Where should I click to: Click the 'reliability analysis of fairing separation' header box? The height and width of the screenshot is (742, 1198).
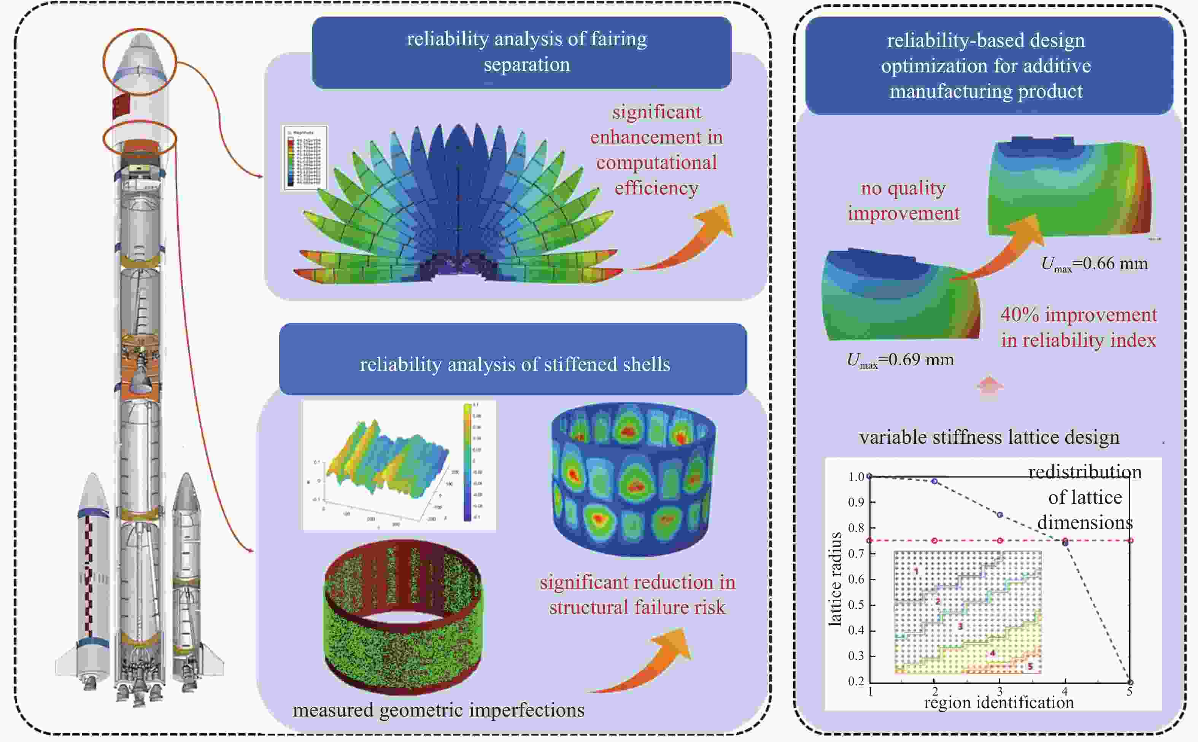[x=522, y=52]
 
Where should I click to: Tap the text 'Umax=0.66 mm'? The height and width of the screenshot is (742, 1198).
[x=1094, y=264]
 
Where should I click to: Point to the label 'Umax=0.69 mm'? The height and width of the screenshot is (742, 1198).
[x=900, y=360]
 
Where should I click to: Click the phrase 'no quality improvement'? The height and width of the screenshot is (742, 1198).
[x=903, y=200]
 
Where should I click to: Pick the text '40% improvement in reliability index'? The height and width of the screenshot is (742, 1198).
[x=1078, y=327]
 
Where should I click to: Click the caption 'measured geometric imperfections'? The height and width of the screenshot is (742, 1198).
[x=439, y=710]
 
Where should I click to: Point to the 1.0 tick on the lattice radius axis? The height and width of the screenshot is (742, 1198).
[x=856, y=476]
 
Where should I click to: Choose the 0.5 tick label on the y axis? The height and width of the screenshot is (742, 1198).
[x=856, y=605]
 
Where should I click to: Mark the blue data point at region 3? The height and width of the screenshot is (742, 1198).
[x=1000, y=515]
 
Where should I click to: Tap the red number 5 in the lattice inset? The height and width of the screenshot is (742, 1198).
[x=1030, y=666]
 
